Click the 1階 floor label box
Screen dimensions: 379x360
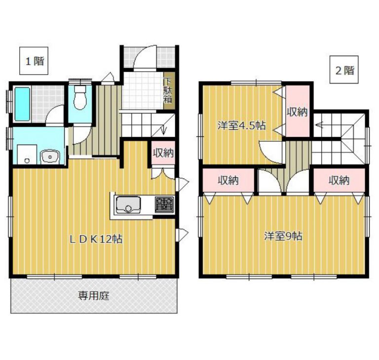34,61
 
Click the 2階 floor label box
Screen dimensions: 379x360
344,70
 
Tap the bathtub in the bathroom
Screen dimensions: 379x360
23,104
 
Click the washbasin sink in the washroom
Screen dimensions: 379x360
50,157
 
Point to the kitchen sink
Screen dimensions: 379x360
128,205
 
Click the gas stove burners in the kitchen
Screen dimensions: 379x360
164,205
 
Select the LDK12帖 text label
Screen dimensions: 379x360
96,240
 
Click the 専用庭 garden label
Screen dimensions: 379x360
94,296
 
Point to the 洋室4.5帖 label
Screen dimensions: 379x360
241,126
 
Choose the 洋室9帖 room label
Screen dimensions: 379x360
283,236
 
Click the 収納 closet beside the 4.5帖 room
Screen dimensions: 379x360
298,112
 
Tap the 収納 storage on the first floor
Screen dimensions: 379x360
163,153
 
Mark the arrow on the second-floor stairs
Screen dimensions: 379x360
319,125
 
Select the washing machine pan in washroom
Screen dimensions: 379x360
27,155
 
